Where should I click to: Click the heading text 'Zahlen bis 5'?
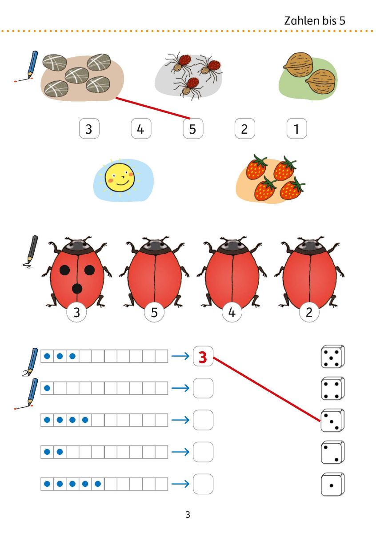pos(315,21)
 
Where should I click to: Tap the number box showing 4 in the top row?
pos(141,128)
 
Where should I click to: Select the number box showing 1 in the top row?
pos(297,128)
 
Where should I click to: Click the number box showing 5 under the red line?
pos(193,128)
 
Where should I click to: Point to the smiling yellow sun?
pos(120,177)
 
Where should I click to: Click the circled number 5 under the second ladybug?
pos(154,312)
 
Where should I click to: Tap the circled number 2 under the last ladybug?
pos(309,312)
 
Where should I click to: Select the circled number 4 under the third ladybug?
pos(232,312)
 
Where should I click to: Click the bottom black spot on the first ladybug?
pos(77,289)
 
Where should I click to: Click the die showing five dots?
pos(332,356)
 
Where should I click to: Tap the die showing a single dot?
pos(332,485)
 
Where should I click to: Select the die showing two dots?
pos(332,452)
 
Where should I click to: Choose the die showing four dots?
pos(332,389)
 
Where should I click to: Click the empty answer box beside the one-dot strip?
pos(203,388)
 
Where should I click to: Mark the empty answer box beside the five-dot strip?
pos(203,484)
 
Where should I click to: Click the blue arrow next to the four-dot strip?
pos(180,420)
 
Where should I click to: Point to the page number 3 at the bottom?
pos(188,515)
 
